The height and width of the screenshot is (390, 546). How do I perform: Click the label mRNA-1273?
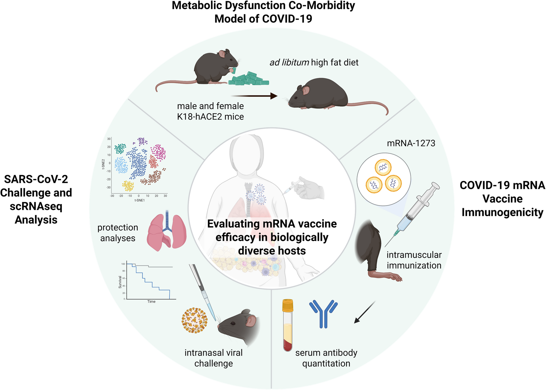[x=411, y=143]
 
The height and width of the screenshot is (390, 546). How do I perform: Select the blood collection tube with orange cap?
[x=288, y=325]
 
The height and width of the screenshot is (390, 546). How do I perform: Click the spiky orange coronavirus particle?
[x=194, y=320]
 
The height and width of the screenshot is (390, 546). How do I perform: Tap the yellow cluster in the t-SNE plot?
[x=128, y=186]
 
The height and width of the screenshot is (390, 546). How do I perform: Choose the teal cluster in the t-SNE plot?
[x=120, y=149]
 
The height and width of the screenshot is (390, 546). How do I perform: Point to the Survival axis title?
[x=120, y=282]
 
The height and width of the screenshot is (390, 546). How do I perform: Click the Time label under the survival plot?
[x=151, y=301]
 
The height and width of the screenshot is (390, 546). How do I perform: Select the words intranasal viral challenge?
[x=213, y=358]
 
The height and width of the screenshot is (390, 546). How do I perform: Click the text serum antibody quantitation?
[x=326, y=358]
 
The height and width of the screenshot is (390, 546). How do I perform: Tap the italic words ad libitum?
[x=289, y=62]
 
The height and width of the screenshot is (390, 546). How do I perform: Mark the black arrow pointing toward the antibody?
[x=365, y=312]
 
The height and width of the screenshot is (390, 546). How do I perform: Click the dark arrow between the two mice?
[x=254, y=96]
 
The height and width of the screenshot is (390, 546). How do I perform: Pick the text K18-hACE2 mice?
[x=210, y=117]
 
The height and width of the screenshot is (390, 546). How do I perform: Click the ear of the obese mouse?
[x=306, y=90]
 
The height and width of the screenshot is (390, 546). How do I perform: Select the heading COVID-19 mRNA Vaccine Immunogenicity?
[x=502, y=199]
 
